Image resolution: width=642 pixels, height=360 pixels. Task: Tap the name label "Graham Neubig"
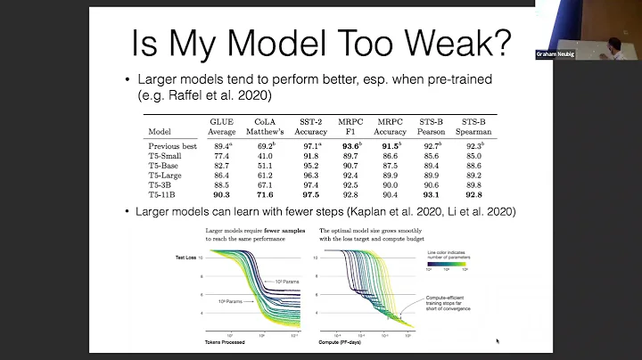[x=556, y=53]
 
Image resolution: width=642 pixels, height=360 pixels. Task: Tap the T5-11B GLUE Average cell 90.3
[x=221, y=194]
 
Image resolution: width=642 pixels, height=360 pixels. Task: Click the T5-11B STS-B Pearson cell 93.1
[x=432, y=194]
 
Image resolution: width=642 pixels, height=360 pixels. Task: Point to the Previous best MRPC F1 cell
[x=350, y=144]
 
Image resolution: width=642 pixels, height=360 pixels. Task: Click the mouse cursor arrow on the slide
[x=497, y=340]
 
